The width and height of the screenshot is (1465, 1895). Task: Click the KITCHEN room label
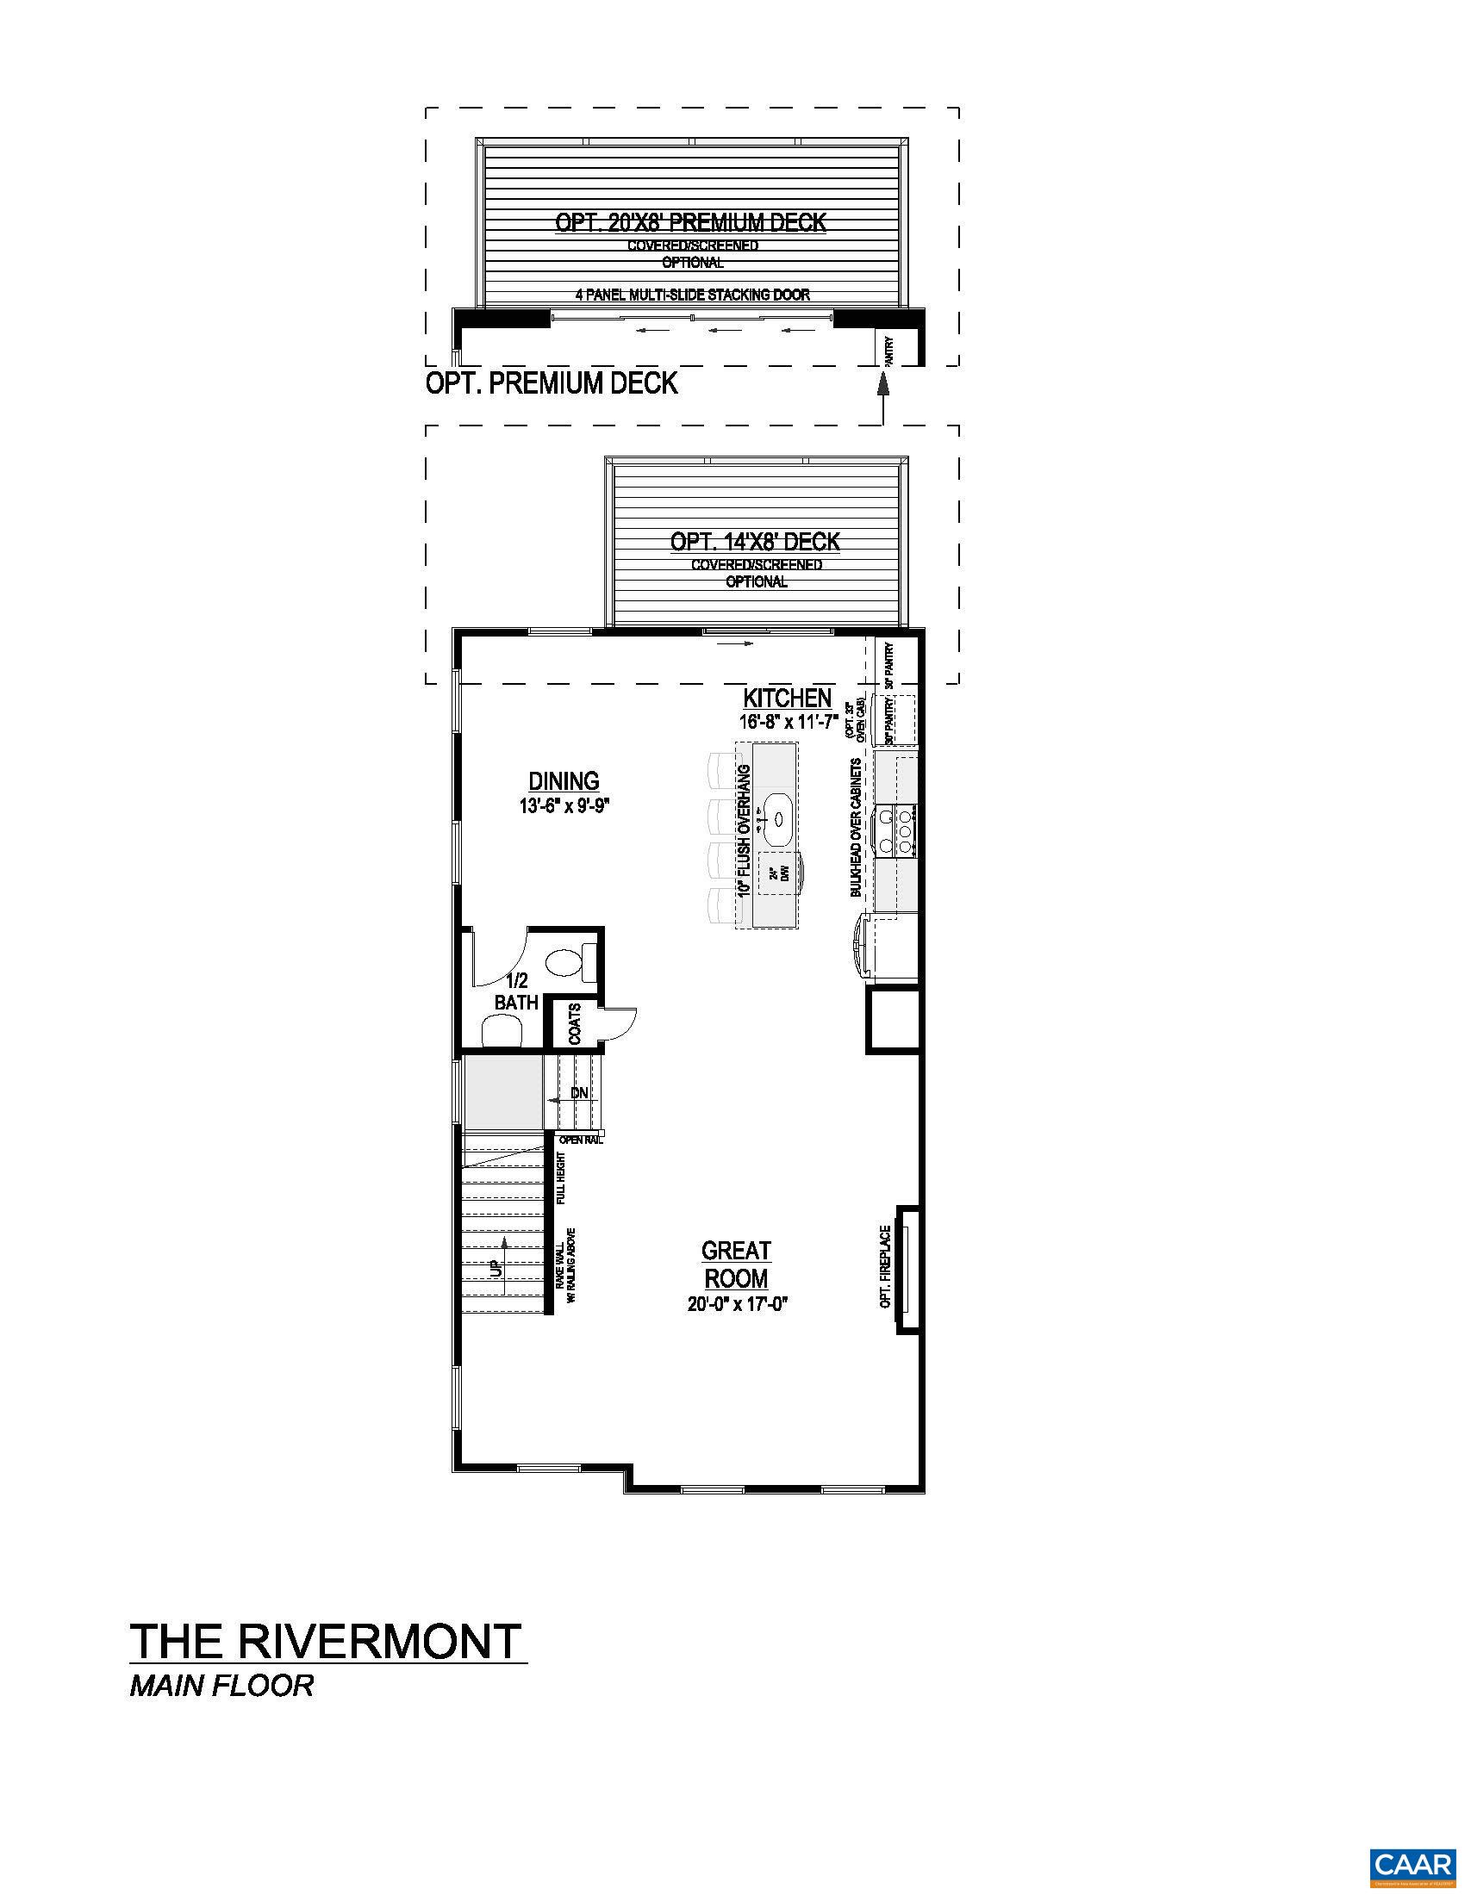click(x=787, y=698)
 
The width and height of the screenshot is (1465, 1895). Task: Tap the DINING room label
click(x=564, y=782)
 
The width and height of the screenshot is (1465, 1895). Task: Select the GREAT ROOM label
click(x=736, y=1264)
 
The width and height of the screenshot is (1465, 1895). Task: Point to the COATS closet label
click(x=574, y=1025)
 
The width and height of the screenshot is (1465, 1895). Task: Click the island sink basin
click(x=777, y=817)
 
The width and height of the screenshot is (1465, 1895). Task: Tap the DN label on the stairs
click(x=579, y=1094)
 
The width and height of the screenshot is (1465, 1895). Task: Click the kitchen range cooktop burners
click(x=902, y=829)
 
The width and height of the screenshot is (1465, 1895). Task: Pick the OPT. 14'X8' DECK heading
click(x=755, y=543)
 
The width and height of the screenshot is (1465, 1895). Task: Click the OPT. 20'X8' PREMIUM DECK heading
click(x=691, y=223)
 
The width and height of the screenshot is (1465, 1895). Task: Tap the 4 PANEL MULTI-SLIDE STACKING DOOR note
click(x=692, y=295)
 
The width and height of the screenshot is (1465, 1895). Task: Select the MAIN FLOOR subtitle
click(x=221, y=1686)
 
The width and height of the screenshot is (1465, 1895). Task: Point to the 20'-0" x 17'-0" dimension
click(x=736, y=1304)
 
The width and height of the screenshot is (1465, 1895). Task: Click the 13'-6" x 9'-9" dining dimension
click(x=565, y=806)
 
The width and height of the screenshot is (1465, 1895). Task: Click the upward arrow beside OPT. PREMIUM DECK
click(x=882, y=386)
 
